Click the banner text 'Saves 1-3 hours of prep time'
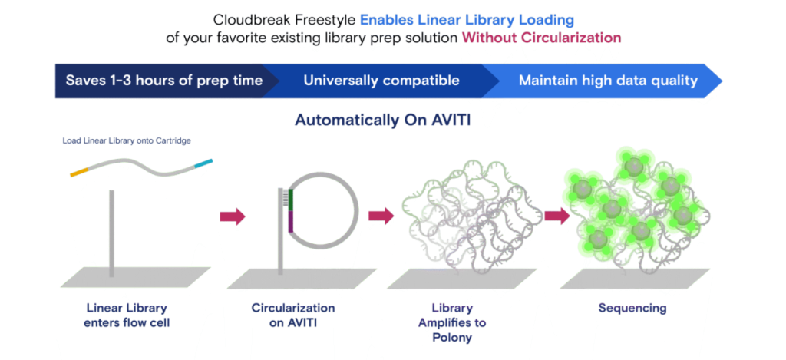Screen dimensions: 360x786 coord(163,80)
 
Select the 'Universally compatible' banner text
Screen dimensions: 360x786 coord(381,80)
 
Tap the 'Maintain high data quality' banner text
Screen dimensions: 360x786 coord(608,80)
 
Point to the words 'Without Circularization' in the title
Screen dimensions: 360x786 coord(541,37)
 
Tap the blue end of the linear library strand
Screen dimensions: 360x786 coord(202,163)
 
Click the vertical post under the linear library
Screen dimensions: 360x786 coord(112,230)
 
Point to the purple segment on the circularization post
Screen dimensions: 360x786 coord(291,222)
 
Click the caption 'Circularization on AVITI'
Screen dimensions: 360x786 coord(292,315)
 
